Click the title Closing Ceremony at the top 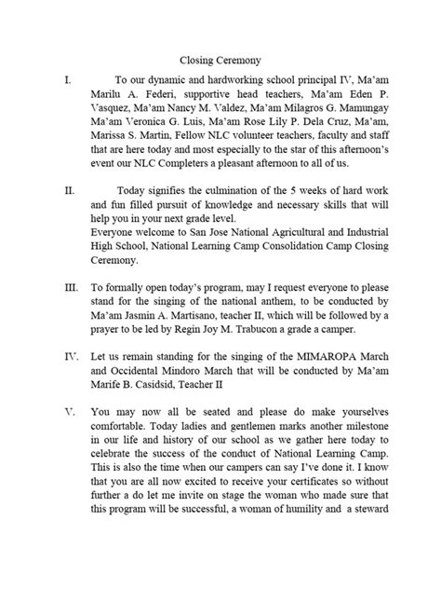point(220,60)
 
